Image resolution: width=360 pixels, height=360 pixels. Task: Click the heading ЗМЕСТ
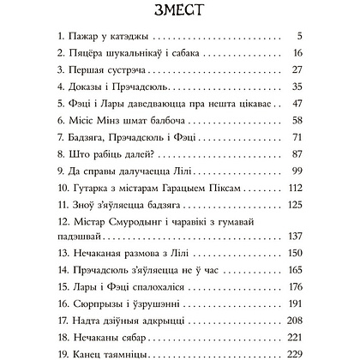click(179, 12)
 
